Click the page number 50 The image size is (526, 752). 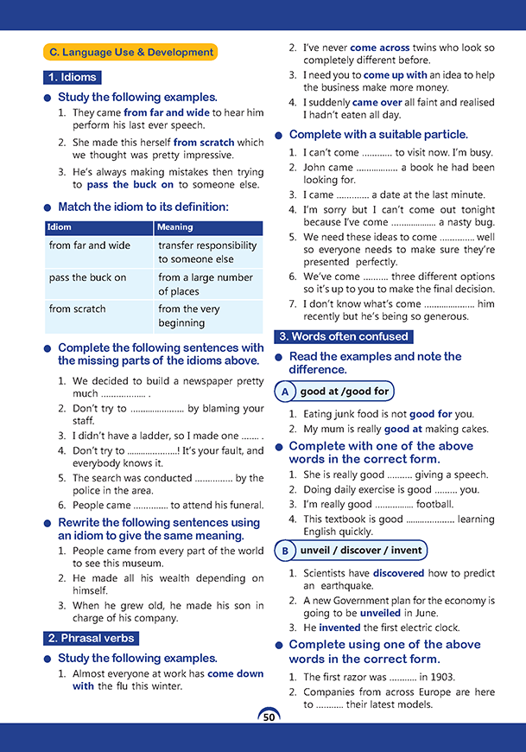(269, 717)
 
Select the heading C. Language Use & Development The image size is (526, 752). (131, 53)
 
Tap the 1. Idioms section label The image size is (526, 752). (73, 78)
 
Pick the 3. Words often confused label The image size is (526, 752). (343, 336)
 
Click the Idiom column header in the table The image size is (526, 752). (60, 227)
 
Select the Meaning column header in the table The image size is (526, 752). (175, 227)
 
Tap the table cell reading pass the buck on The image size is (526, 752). (88, 277)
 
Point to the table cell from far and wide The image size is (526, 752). (90, 245)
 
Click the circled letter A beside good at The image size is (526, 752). (285, 392)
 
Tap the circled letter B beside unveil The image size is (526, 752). (285, 550)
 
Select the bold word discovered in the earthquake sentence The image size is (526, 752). (398, 572)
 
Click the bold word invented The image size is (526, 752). (339, 628)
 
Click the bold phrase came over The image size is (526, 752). (377, 102)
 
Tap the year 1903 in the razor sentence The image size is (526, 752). (440, 677)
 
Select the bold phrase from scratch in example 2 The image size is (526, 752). (204, 143)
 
